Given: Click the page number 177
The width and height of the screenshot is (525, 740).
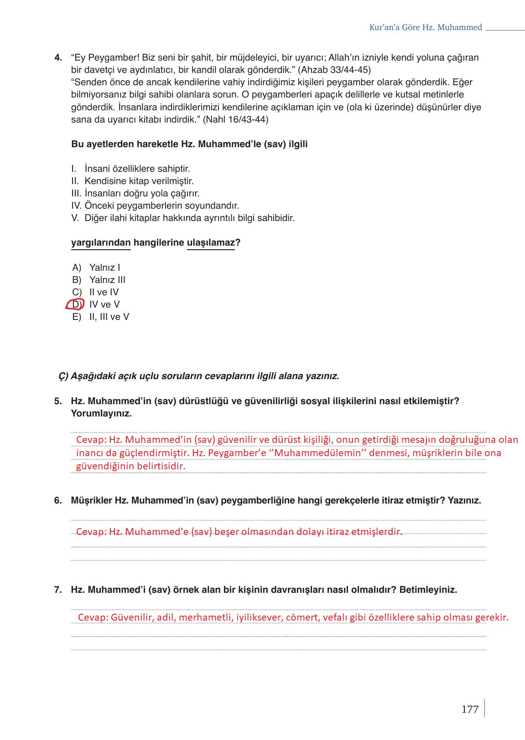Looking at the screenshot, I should (x=469, y=709).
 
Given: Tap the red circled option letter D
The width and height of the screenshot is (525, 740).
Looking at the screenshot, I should (x=75, y=304).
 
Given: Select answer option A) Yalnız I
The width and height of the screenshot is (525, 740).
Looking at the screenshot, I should (x=96, y=267).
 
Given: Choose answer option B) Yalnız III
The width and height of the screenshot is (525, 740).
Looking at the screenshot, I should (x=99, y=280).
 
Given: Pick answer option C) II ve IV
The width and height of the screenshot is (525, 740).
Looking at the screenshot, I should (x=96, y=292).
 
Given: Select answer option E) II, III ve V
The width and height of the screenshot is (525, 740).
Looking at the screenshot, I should (x=101, y=317).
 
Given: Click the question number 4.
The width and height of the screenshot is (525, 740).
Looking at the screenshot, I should (x=58, y=58).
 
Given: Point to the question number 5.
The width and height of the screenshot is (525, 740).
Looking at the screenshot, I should (x=58, y=401).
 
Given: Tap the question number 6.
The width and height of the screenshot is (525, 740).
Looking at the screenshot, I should (x=58, y=501).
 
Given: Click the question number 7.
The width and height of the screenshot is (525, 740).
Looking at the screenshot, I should (x=58, y=590).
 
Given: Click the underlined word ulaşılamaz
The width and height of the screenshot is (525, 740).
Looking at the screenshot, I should (x=211, y=243).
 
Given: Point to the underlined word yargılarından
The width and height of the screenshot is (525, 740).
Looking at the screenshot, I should (x=101, y=243).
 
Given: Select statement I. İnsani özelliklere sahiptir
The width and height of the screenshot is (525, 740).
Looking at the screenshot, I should (x=131, y=169).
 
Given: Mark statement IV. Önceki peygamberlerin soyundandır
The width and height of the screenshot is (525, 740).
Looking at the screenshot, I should (x=155, y=206).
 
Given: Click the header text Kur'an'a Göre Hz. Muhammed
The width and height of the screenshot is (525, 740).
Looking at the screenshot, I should (x=425, y=27).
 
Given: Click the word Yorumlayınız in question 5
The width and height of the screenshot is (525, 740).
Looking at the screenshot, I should (x=101, y=414).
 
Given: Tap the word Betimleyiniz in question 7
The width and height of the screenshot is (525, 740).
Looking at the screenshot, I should (x=428, y=590).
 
